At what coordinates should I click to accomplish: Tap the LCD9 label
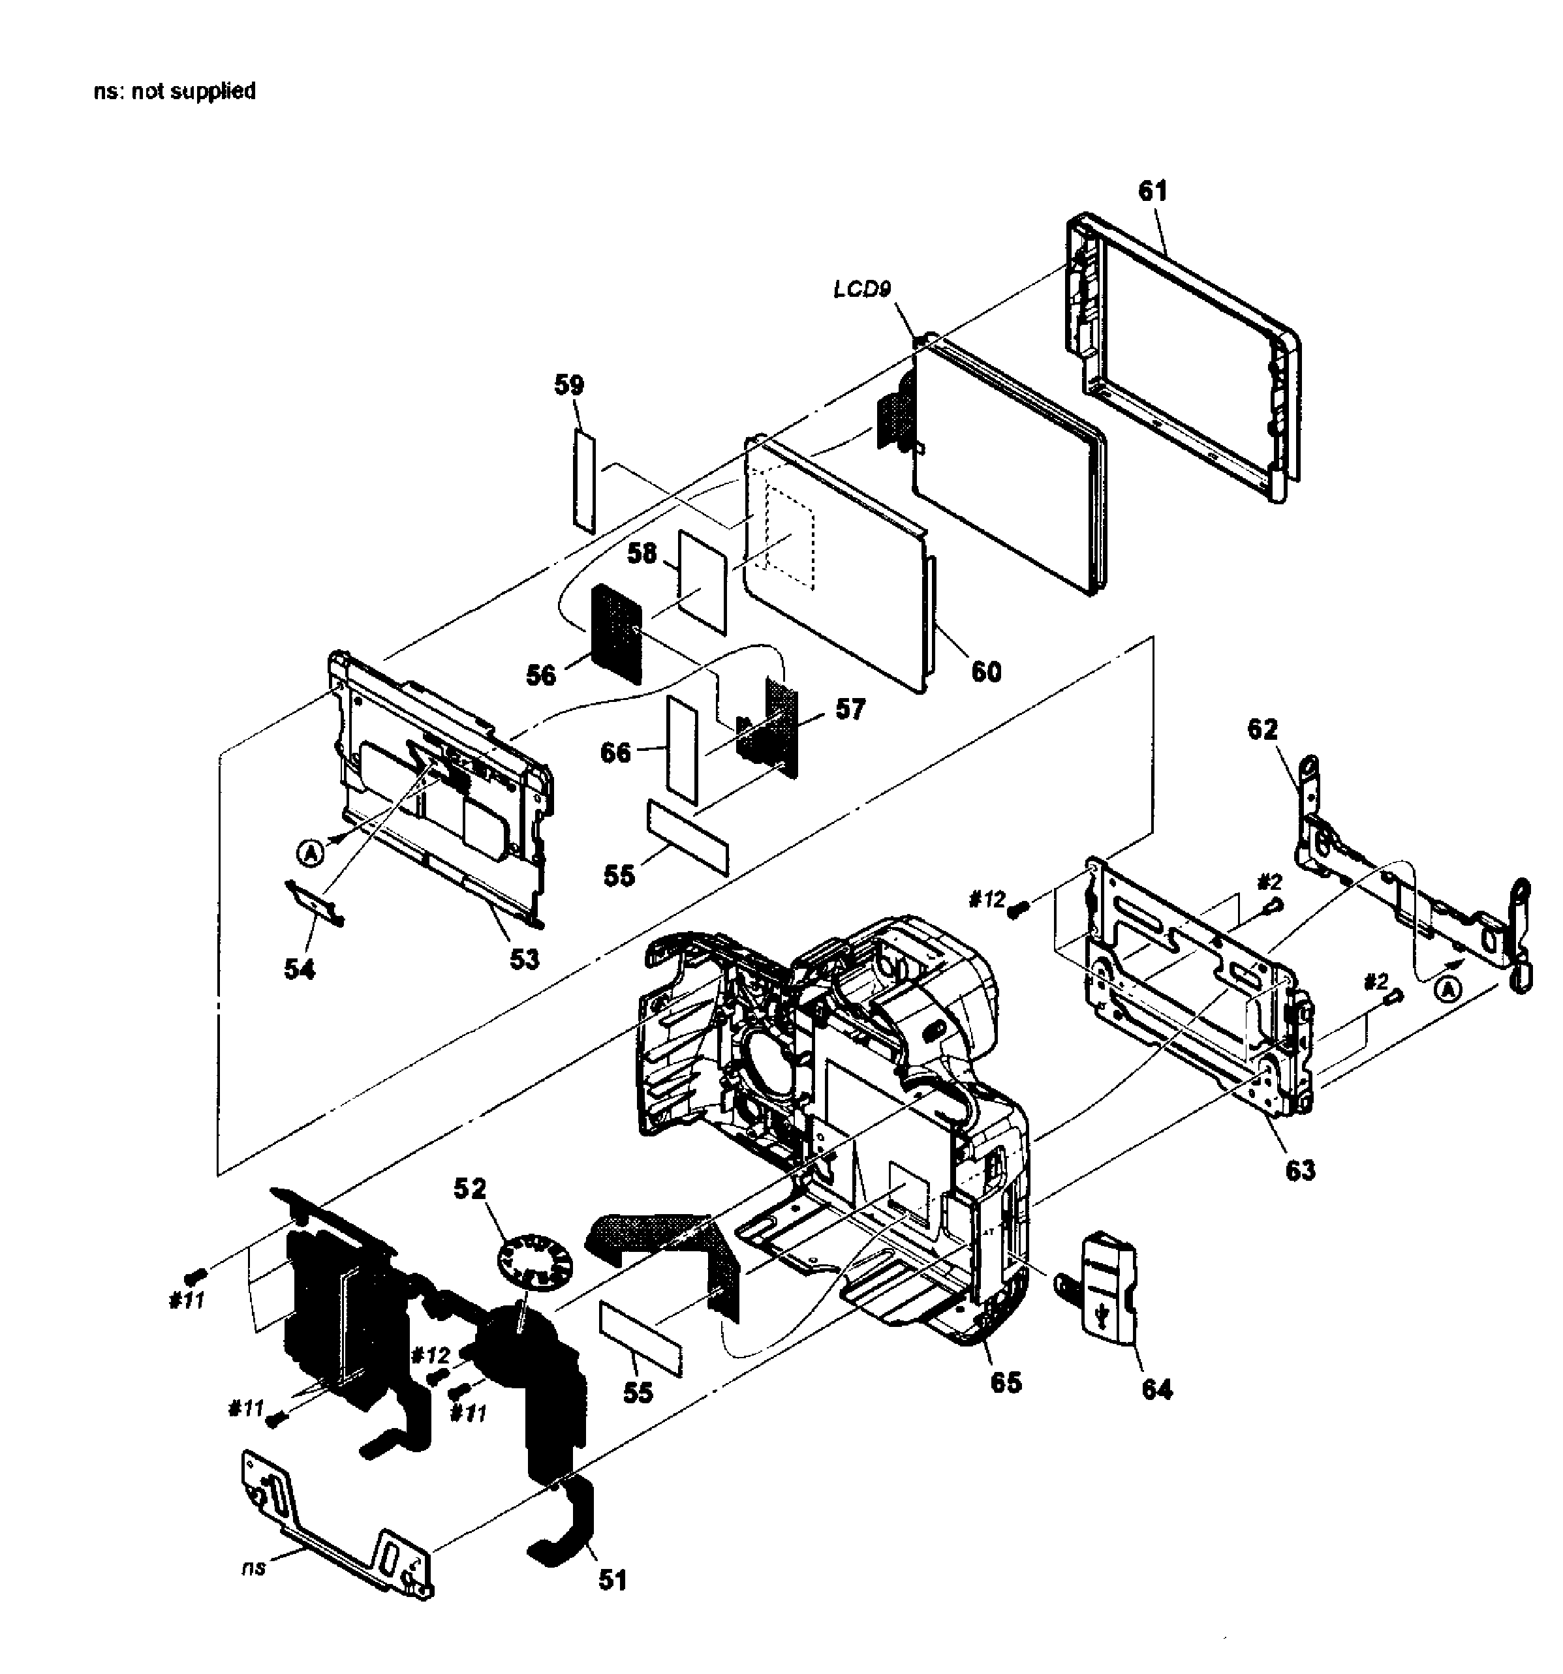(861, 289)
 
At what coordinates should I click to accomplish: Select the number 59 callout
(568, 386)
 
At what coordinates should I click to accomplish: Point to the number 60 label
(986, 671)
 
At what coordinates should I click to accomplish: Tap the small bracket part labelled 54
(314, 902)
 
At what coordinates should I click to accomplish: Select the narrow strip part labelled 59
(585, 481)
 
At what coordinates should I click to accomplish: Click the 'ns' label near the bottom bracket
(253, 1567)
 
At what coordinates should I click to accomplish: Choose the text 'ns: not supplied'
(174, 91)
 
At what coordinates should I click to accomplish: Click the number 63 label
(1299, 1170)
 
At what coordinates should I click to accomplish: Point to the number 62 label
(1261, 729)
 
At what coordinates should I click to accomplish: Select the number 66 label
(615, 752)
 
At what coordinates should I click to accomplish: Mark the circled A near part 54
(309, 855)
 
